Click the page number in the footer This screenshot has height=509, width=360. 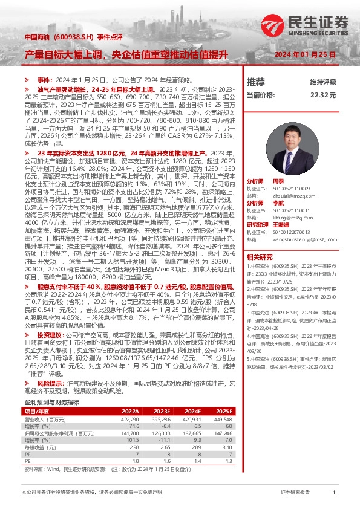click(333, 493)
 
